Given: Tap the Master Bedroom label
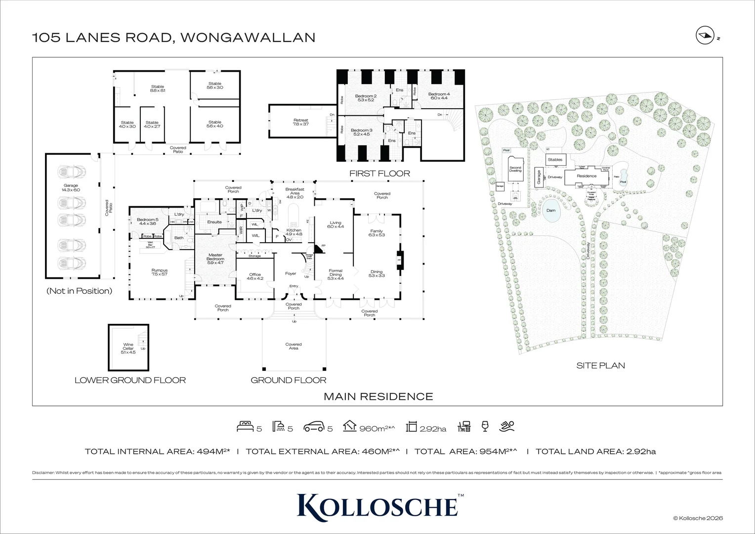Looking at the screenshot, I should tap(215, 257).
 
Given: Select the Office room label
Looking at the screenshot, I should tap(254, 276).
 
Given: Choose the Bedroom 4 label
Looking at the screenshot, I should tap(438, 96).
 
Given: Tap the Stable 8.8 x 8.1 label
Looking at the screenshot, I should tap(158, 89).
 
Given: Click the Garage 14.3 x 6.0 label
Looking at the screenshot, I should tap(71, 188).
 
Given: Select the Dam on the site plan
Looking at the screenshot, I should tap(550, 210).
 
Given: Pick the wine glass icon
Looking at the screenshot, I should tap(485, 426).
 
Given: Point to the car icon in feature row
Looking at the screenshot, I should tap(314, 427).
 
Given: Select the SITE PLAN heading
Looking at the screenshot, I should tap(600, 365).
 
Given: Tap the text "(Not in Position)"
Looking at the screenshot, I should tap(79, 291).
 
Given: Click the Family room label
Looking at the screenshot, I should tap(377, 233).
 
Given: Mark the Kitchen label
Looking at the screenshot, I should tap(294, 232).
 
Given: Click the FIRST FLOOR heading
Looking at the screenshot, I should tap(379, 173).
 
